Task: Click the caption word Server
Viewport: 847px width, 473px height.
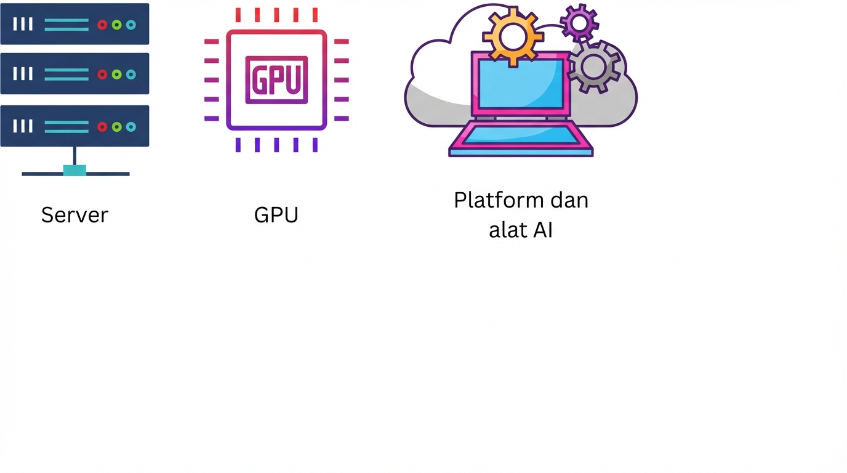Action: (x=74, y=215)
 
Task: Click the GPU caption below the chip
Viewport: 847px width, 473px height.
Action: (x=276, y=215)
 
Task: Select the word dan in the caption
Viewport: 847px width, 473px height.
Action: (x=569, y=200)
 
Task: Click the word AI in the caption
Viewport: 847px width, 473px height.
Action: (x=543, y=230)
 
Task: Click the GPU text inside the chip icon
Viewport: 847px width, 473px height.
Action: (x=276, y=79)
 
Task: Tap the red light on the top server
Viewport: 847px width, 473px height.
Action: (x=102, y=25)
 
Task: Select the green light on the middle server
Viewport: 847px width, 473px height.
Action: (x=116, y=75)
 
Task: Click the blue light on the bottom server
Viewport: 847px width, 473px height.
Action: (x=131, y=127)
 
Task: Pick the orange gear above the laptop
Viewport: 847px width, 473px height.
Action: (x=513, y=36)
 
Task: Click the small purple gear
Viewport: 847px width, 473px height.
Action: (x=579, y=23)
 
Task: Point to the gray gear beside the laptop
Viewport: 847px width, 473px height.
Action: (x=594, y=67)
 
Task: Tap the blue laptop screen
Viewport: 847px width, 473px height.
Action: (x=521, y=84)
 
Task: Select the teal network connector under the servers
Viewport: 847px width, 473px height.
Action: (x=74, y=171)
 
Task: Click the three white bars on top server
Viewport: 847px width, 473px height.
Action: (x=23, y=24)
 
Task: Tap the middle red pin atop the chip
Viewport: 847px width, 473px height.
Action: (x=276, y=15)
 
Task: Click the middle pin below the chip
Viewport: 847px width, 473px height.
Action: (x=276, y=145)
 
